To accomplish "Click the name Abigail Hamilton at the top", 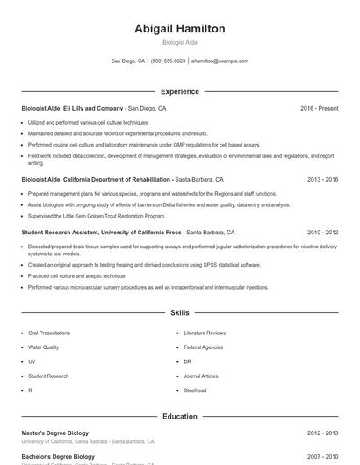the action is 179,29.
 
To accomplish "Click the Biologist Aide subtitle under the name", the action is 179,42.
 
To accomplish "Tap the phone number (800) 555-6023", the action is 168,61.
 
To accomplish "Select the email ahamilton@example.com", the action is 220,61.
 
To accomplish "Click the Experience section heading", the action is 179,91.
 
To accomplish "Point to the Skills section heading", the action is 179,312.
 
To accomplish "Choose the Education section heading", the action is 179,416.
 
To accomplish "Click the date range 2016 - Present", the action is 319,108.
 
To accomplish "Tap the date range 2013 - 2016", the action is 322,179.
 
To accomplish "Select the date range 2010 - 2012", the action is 322,233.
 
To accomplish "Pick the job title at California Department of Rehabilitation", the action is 96,179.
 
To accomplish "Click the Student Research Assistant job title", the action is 101,233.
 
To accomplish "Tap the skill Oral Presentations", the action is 49,333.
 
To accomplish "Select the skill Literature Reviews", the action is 205,333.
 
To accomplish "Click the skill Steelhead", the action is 195,390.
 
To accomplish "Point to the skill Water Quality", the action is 43,347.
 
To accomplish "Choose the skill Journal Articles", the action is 201,376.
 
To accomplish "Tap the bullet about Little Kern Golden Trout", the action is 97,215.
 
